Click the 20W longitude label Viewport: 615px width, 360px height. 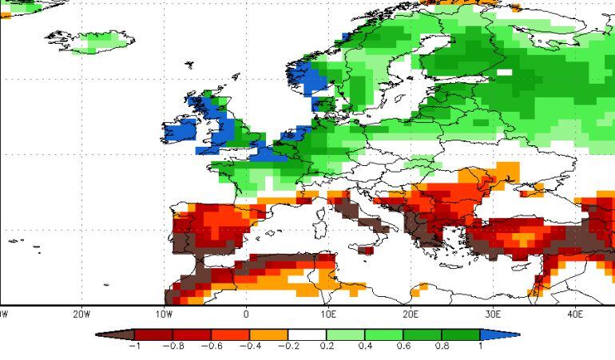tap(81, 314)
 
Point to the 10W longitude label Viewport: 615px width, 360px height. tap(164, 314)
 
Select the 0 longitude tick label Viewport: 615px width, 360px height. tap(246, 314)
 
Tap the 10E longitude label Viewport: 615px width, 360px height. tap(328, 314)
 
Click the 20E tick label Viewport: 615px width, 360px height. tap(411, 314)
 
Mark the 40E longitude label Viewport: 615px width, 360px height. tap(575, 314)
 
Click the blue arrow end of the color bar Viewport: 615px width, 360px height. tap(499, 334)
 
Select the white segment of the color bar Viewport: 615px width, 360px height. tap(307, 334)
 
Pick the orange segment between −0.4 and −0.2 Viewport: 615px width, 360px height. tap(269, 334)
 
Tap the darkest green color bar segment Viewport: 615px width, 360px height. tap(461, 334)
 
